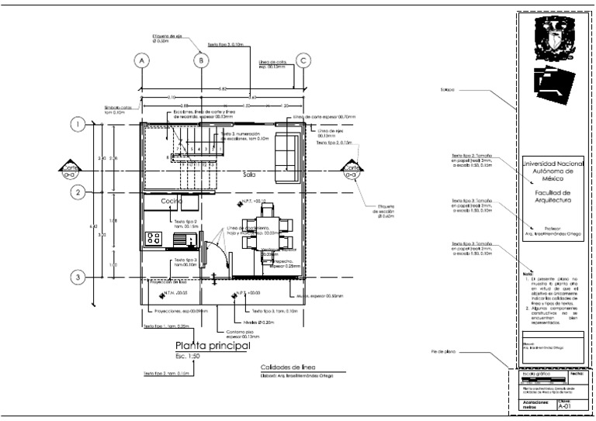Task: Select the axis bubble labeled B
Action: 200,60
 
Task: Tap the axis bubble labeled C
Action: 304,60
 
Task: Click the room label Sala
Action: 248,175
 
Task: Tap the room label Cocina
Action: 172,202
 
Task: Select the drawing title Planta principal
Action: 212,347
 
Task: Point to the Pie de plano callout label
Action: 442,353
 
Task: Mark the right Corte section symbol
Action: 352,171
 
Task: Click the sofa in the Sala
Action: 289,152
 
